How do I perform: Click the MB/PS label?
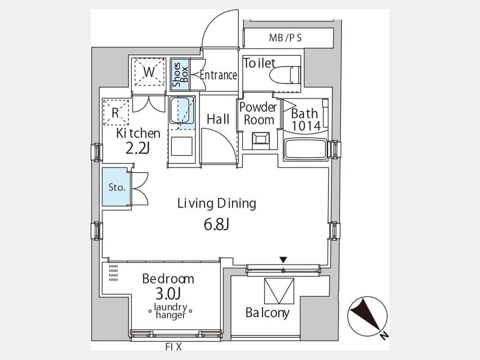[x=285, y=38]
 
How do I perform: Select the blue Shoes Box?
[x=180, y=74]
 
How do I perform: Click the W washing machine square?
[x=149, y=73]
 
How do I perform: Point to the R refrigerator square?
[x=116, y=112]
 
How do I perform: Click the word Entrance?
[x=218, y=75]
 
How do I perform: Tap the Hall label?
[x=218, y=119]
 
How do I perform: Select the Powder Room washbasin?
[x=261, y=140]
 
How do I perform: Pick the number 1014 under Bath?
[x=306, y=126]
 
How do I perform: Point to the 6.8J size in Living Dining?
[x=217, y=225]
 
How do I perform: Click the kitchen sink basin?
[x=182, y=113]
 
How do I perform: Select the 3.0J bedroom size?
[x=168, y=294]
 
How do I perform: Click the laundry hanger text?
[x=170, y=311]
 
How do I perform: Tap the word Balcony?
[x=267, y=313]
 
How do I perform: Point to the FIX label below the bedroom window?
[x=173, y=347]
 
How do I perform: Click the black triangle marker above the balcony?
[x=284, y=260]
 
